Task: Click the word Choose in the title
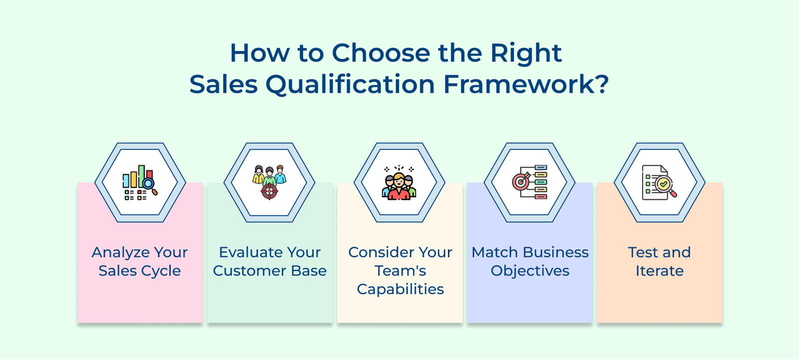pyautogui.click(x=381, y=53)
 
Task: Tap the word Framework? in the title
pyautogui.click(x=526, y=84)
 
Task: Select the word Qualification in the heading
pyautogui.click(x=350, y=84)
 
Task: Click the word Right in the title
pyautogui.click(x=525, y=53)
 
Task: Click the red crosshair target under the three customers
pyautogui.click(x=269, y=191)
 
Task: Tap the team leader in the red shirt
pyautogui.click(x=399, y=188)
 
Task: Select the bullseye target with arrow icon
pyautogui.click(x=521, y=181)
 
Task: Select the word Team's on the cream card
pyautogui.click(x=400, y=271)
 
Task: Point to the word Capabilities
pyautogui.click(x=400, y=290)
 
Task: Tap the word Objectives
pyautogui.click(x=529, y=271)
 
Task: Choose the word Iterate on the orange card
pyautogui.click(x=659, y=271)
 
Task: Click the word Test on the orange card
pyautogui.click(x=643, y=253)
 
